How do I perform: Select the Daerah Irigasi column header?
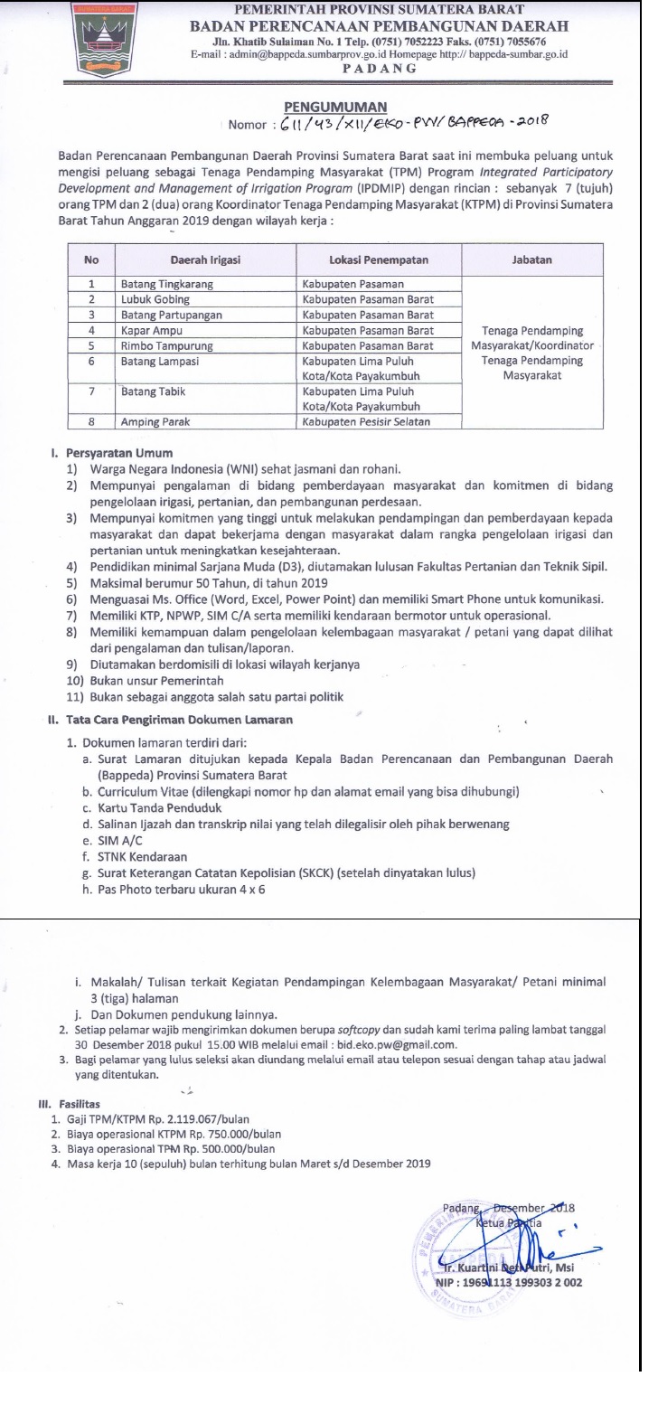(x=205, y=259)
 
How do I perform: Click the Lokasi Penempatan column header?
(x=379, y=259)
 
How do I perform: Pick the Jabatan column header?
(x=531, y=259)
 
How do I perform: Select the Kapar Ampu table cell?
(x=152, y=330)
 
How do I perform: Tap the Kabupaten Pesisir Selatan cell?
(x=366, y=422)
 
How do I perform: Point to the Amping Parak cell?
(x=156, y=422)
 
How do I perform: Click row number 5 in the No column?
(x=91, y=345)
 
